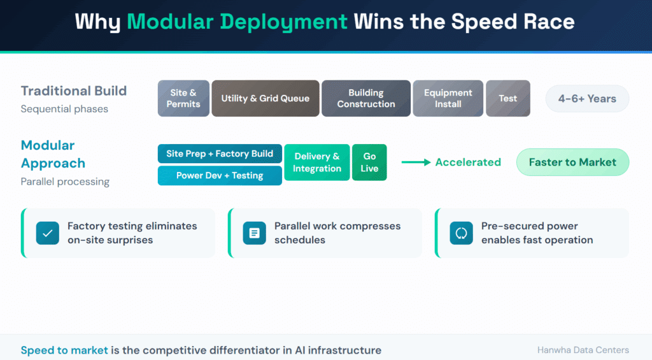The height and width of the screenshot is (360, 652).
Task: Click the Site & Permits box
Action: (x=183, y=98)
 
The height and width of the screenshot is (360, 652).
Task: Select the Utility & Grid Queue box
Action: (x=266, y=98)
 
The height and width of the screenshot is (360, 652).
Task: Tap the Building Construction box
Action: (x=366, y=98)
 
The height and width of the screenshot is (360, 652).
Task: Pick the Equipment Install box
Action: (x=448, y=98)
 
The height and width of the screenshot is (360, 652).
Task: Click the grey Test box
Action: (x=508, y=98)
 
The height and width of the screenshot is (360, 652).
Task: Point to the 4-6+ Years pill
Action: (x=587, y=99)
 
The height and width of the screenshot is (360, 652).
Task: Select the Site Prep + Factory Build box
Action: (x=220, y=154)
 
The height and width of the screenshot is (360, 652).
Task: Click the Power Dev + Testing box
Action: (x=220, y=175)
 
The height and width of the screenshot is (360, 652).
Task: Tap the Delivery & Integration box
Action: (x=317, y=162)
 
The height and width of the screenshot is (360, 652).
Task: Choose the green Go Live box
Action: (x=369, y=162)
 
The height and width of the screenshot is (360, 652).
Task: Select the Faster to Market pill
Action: (x=572, y=162)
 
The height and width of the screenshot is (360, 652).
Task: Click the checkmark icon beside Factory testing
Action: (x=48, y=233)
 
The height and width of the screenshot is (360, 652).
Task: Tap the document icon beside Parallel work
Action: (x=255, y=233)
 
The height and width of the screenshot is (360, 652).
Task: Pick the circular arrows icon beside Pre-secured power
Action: (x=461, y=233)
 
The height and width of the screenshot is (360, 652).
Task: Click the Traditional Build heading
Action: (x=74, y=91)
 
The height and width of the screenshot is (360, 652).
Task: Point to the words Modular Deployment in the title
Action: (x=237, y=22)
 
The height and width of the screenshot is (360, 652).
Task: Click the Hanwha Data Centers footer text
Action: (x=583, y=350)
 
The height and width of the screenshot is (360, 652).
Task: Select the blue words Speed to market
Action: (x=64, y=350)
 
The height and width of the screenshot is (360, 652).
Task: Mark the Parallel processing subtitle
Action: (x=65, y=182)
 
